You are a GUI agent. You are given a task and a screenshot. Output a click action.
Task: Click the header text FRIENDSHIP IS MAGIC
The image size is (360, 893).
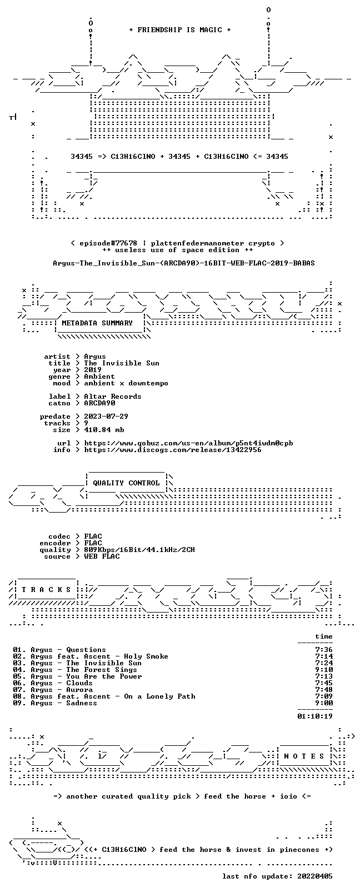(180, 30)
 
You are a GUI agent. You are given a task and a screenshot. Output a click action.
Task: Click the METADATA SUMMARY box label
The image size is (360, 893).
(97, 323)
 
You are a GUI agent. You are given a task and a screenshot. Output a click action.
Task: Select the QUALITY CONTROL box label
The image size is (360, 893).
(126, 483)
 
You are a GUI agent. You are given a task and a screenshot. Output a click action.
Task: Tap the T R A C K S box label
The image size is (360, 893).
(46, 590)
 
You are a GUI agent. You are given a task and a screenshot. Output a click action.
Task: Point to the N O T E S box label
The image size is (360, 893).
(304, 756)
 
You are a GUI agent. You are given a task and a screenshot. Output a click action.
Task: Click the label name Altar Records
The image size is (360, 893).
(112, 397)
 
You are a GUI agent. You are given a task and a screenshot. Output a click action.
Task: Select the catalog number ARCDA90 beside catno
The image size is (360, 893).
(99, 403)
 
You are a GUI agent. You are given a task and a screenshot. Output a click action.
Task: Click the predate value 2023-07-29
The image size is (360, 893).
(106, 416)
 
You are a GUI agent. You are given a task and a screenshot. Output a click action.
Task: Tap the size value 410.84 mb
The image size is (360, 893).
(104, 430)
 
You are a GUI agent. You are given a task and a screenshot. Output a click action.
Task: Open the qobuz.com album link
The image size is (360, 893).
(188, 443)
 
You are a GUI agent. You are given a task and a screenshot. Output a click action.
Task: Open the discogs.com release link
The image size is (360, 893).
(173, 450)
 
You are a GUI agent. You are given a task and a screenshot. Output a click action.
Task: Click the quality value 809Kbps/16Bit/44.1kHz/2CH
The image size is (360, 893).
(139, 550)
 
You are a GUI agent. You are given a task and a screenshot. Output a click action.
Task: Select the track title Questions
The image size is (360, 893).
(86, 650)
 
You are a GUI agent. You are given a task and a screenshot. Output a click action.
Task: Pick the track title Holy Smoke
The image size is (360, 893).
(146, 656)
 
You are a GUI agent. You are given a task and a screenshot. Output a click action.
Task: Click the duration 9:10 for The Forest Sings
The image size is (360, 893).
(324, 670)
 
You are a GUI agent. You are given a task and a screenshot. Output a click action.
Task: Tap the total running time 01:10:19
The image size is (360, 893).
(315, 716)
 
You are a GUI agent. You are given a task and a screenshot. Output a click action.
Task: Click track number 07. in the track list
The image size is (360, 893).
(19, 690)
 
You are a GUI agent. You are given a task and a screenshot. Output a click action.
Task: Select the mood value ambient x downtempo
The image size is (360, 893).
(126, 383)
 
